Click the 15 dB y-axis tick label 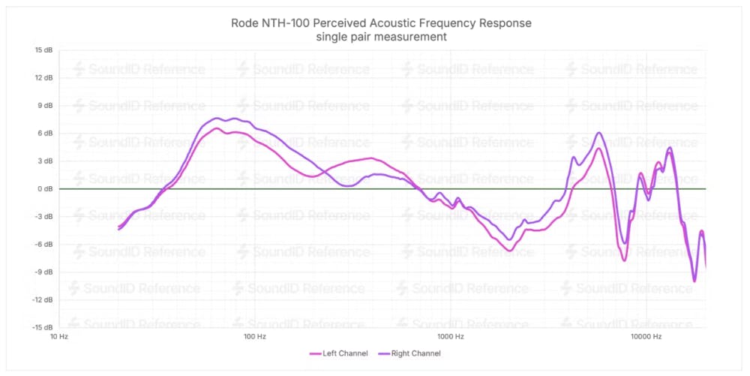[43, 50]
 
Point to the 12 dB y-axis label [43, 78]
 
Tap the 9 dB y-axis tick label [44, 106]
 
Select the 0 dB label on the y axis [44, 189]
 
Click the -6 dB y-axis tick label [43, 244]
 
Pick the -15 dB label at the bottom [42, 327]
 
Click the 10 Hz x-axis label [59, 337]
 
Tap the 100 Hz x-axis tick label [255, 337]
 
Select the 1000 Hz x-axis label [450, 337]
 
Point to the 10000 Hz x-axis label [646, 337]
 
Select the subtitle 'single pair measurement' [382, 37]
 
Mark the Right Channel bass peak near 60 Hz [217, 118]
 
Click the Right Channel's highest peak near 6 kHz [598, 133]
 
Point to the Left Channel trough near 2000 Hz [509, 251]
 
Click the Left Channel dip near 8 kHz [624, 260]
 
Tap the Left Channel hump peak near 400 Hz [371, 158]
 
